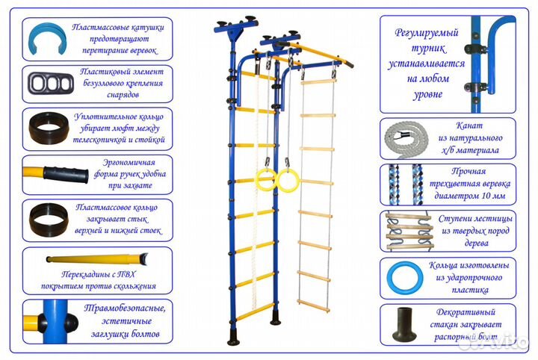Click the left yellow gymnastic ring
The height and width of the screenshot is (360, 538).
coord(265,179)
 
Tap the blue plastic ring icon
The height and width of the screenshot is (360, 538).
coord(403,278)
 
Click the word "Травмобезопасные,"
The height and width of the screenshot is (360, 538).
coord(117,308)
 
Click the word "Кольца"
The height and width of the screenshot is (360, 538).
coord(442,265)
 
